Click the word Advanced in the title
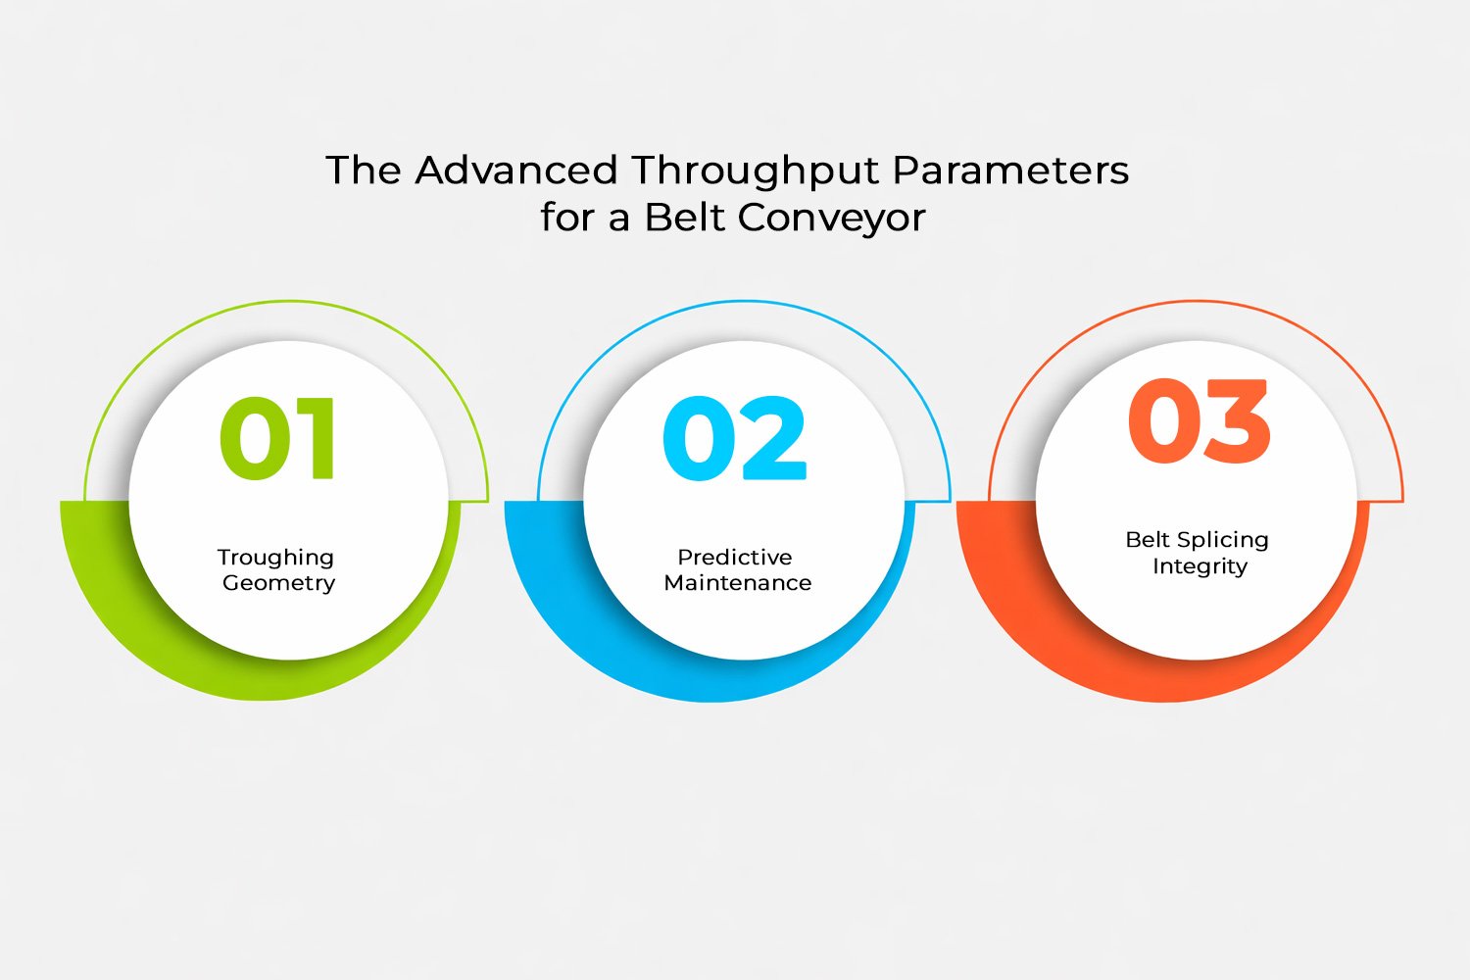(x=516, y=170)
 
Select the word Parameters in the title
(x=1011, y=170)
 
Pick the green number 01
(x=277, y=438)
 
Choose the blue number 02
(x=734, y=438)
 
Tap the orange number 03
(x=1200, y=420)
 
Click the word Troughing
(x=275, y=558)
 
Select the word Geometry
(x=279, y=583)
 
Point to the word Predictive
(x=735, y=558)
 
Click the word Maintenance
(x=738, y=583)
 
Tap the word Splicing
(x=1223, y=540)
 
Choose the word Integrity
(x=1200, y=566)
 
